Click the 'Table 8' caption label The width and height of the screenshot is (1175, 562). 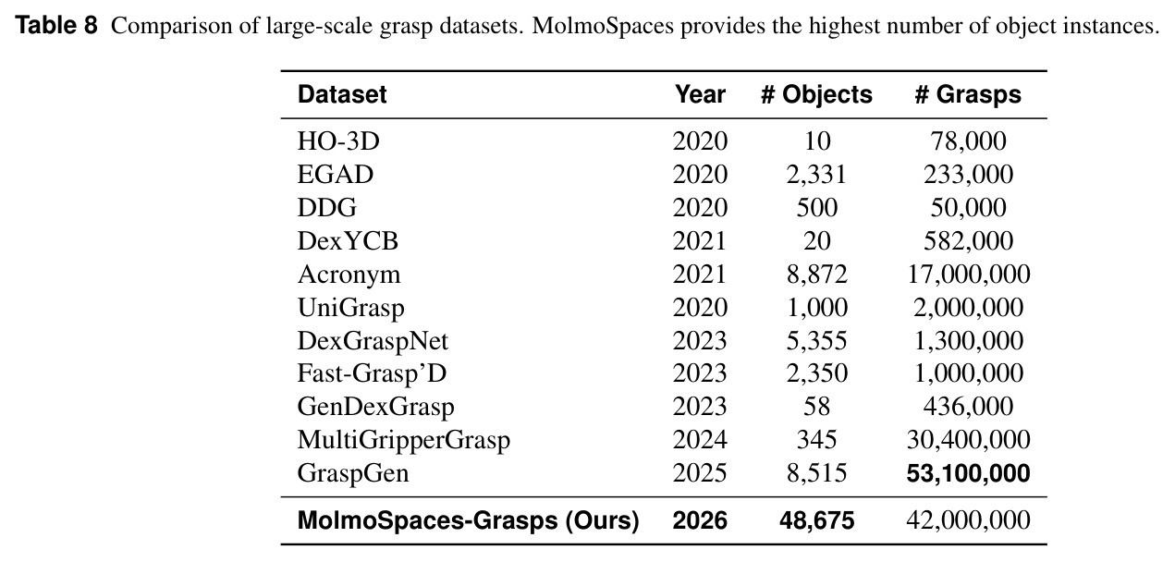[x=56, y=25]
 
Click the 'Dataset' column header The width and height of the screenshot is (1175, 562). [x=342, y=94]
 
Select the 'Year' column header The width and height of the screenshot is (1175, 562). [x=700, y=94]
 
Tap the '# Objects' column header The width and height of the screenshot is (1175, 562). [x=816, y=94]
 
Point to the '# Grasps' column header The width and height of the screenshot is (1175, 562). [x=968, y=94]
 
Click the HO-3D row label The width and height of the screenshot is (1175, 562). [x=338, y=141]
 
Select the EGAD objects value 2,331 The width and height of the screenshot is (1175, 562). [x=816, y=175]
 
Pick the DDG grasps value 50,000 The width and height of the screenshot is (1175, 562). [x=968, y=208]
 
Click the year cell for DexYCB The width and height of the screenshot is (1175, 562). [x=700, y=241]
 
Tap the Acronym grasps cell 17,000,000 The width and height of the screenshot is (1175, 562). [x=968, y=275]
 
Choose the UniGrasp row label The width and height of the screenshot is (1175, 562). [x=351, y=308]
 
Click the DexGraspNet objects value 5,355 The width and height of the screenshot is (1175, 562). [x=816, y=341]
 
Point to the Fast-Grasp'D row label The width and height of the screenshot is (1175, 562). [x=372, y=373]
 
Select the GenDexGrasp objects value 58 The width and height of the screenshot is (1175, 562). [x=816, y=407]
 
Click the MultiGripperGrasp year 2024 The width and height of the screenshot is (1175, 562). [x=700, y=440]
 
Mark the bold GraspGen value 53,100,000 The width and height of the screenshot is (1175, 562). [x=968, y=473]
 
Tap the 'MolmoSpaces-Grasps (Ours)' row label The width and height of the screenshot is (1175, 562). [x=469, y=520]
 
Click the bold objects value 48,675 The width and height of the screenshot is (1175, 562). [x=816, y=520]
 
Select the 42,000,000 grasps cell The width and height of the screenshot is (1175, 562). [x=968, y=520]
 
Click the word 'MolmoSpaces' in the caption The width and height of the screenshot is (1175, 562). [x=603, y=26]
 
